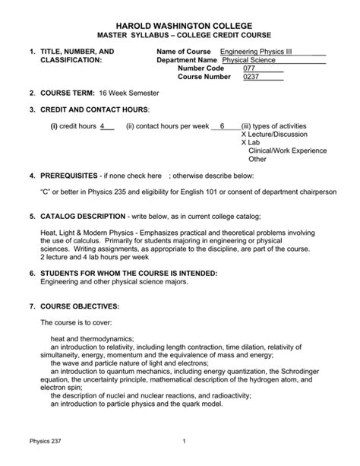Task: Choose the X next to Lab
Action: (244, 143)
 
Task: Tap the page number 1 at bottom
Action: (185, 442)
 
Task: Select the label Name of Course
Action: (183, 51)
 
